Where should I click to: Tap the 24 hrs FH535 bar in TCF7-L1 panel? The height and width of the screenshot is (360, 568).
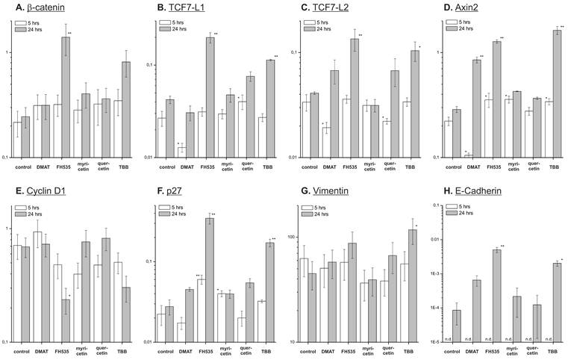pyautogui.click(x=210, y=97)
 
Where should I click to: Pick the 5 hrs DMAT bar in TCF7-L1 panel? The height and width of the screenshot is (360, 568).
pyautogui.click(x=181, y=152)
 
